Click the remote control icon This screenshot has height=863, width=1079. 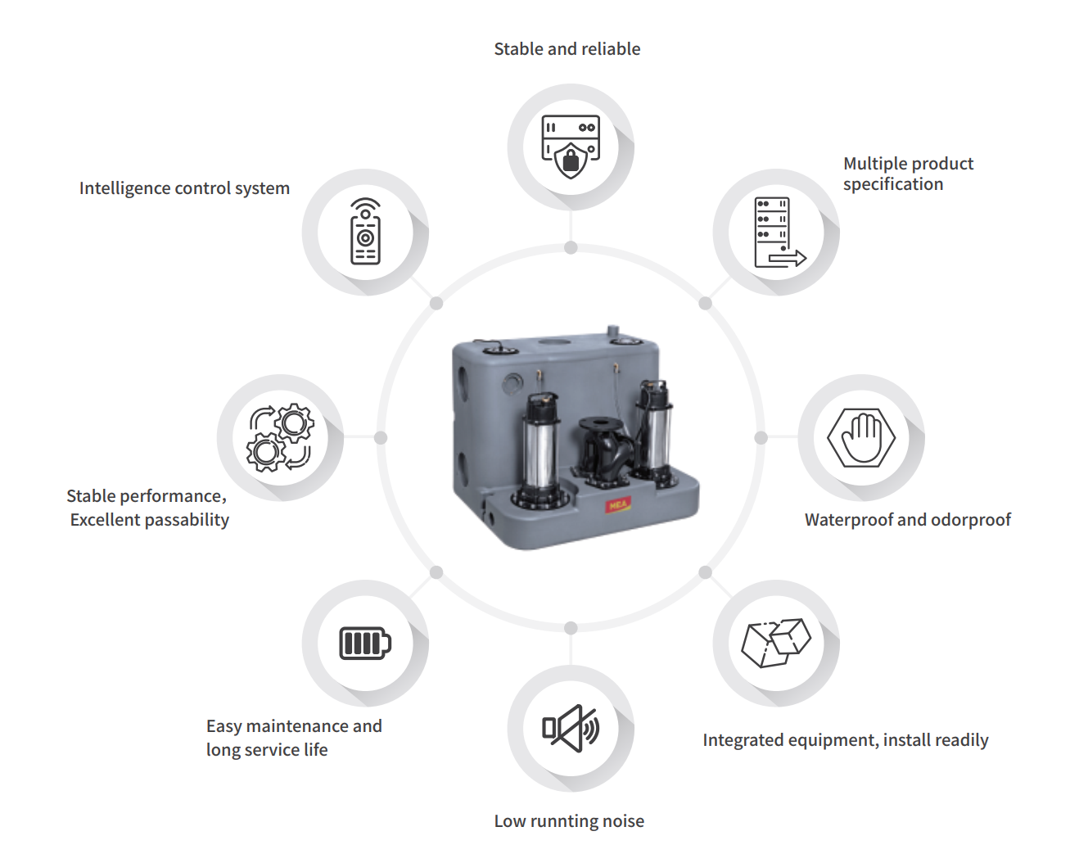click(365, 232)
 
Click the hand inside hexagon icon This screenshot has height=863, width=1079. click(861, 438)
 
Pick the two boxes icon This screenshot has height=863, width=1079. click(776, 643)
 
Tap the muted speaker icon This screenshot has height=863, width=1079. click(571, 728)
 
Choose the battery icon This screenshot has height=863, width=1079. click(365, 643)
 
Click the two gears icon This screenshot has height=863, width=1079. click(280, 438)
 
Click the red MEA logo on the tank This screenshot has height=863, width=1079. click(617, 505)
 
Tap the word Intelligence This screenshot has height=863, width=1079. click(125, 188)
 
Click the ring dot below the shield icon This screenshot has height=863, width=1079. click(571, 248)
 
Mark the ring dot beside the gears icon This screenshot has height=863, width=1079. click(381, 438)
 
